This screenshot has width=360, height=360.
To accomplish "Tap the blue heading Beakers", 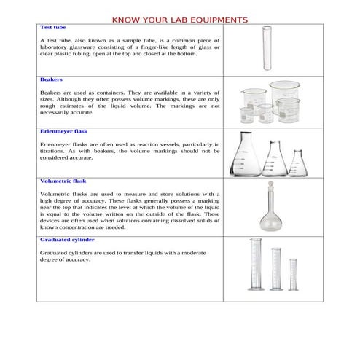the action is pos(51,79).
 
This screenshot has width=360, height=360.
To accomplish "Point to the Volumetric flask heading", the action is pos(63,180).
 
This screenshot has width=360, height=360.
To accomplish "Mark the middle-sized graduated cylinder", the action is pos(275,274).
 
